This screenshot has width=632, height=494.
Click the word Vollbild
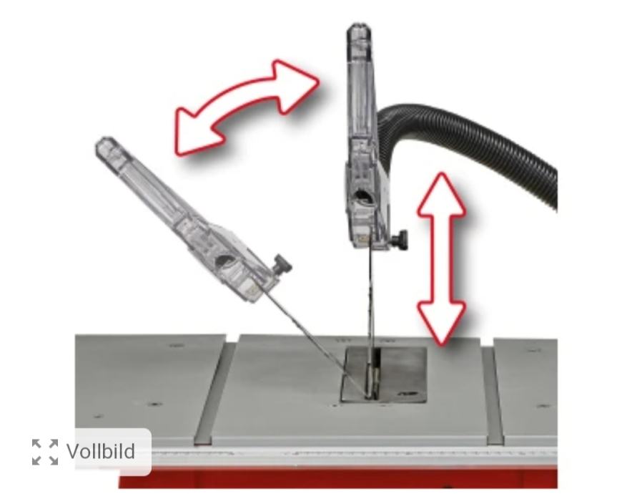[101, 451]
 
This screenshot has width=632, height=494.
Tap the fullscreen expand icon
[45, 452]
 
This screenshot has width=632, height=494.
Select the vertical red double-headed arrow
[442, 258]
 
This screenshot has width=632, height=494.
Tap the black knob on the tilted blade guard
[282, 264]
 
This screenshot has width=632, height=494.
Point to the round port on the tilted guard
[223, 261]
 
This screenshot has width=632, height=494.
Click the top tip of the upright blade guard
[359, 25]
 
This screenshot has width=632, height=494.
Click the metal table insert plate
[384, 374]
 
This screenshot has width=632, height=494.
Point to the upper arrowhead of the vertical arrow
[442, 194]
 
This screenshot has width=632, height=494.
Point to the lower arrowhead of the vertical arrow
[442, 323]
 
